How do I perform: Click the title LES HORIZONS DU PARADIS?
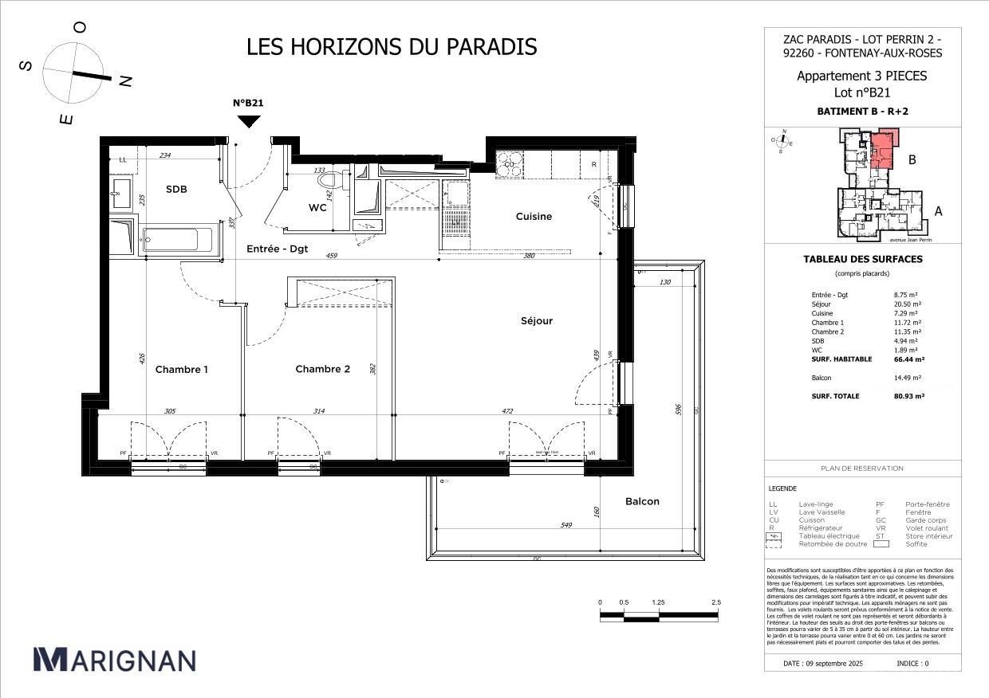tap(392, 47)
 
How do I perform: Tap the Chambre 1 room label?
tap(182, 370)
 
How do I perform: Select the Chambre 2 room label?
tap(322, 369)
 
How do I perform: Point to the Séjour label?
tap(537, 321)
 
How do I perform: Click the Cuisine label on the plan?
tap(534, 217)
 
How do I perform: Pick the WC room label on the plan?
tap(317, 208)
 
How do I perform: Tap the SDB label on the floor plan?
tap(176, 190)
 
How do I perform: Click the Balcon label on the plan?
tap(642, 501)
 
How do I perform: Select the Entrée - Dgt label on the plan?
tap(276, 249)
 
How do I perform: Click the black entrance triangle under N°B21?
tap(249, 121)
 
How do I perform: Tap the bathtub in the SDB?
tap(177, 238)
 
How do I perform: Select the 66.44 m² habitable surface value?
tap(908, 359)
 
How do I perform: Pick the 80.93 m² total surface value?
tap(908, 396)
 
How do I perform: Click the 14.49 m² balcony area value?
tap(908, 378)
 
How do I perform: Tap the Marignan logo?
tap(114, 660)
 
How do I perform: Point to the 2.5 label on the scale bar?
tap(716, 602)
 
